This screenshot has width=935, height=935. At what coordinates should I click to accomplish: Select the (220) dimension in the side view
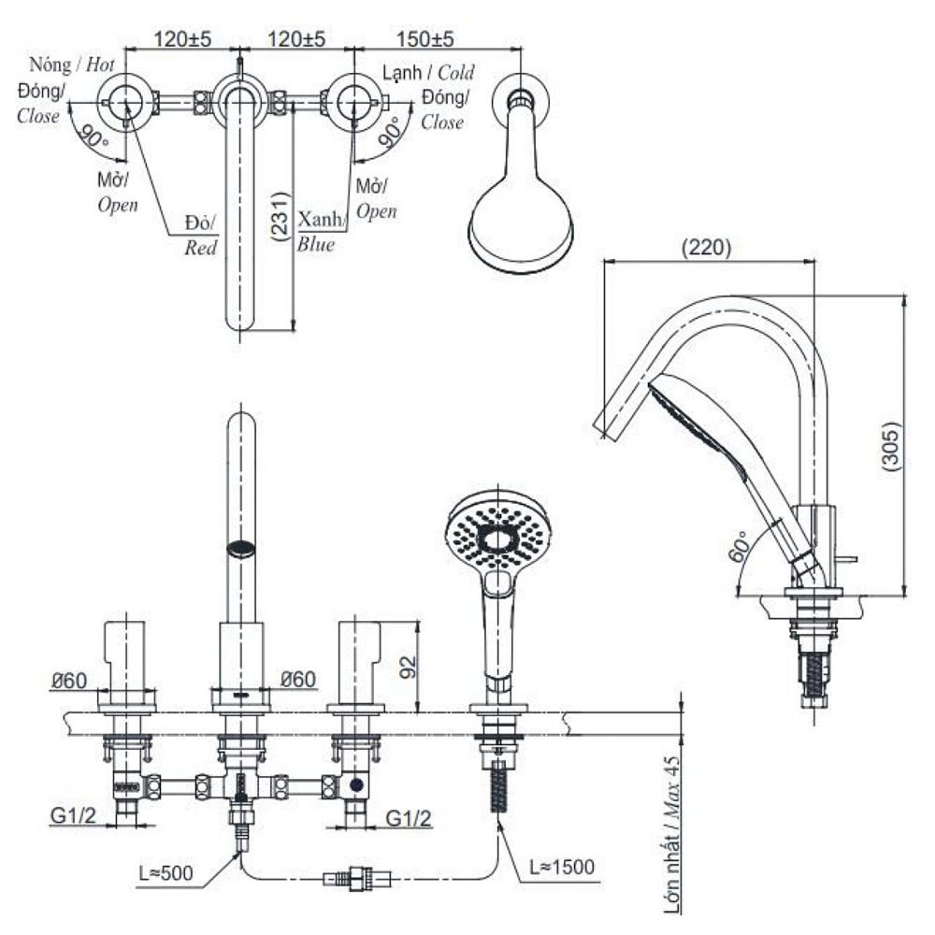pyautogui.click(x=706, y=249)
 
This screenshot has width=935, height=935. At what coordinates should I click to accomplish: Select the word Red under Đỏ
pyautogui.click(x=201, y=248)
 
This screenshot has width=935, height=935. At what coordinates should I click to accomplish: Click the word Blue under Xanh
pyautogui.click(x=315, y=245)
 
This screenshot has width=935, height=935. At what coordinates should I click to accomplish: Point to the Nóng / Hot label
pyautogui.click(x=71, y=65)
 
